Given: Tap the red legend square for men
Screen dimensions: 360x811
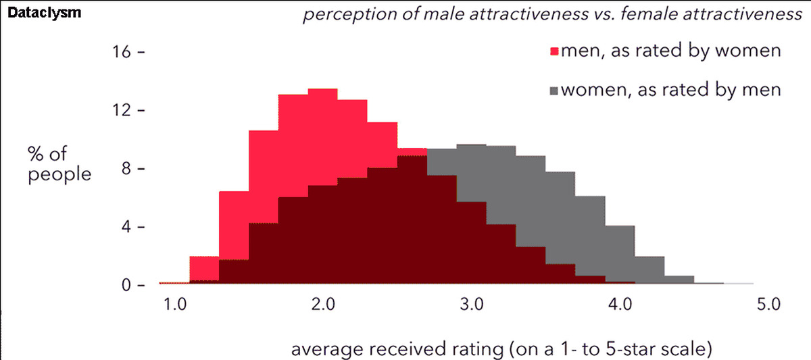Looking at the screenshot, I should point(554,51).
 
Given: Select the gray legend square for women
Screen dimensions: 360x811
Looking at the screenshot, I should point(554,90).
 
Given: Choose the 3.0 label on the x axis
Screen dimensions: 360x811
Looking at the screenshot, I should point(472,305).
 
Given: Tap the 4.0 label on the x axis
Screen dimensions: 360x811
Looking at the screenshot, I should point(620,305).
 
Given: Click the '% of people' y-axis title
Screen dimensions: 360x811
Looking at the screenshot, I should point(59,163).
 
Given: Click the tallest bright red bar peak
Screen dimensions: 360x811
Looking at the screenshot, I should point(322,95).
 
